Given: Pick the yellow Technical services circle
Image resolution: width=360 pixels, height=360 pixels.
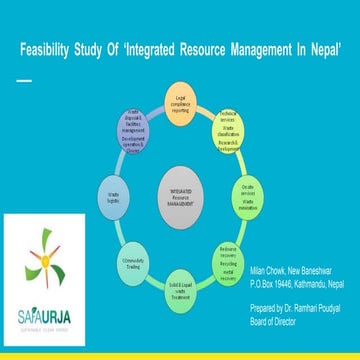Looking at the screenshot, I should pos(234,127).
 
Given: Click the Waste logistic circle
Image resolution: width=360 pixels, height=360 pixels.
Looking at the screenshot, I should pos(114,195).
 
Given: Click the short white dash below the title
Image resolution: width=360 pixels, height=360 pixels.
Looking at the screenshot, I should pos(24,79).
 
